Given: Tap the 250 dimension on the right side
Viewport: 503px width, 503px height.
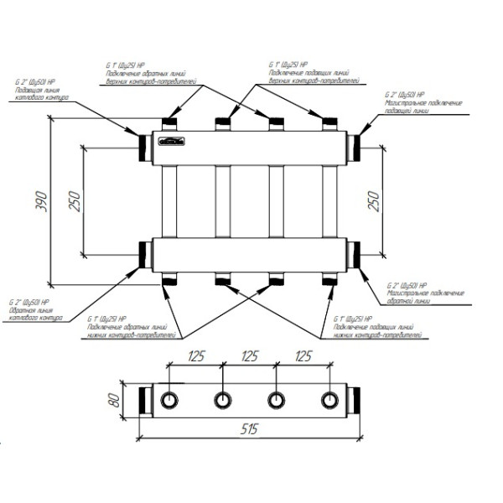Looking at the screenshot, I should [374, 202].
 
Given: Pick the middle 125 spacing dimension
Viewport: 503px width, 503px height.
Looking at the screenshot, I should [249, 356].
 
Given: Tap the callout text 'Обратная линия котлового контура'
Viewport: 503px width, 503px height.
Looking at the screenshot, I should [35, 312].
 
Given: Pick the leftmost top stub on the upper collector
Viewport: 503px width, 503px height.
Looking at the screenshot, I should [171, 125].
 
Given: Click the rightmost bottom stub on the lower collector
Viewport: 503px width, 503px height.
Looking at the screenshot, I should [329, 279].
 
